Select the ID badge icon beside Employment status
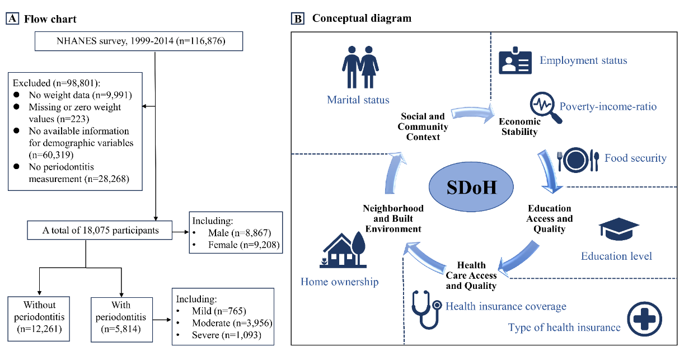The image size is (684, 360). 514,61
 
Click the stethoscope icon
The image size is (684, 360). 426,308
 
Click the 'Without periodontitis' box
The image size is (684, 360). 39,319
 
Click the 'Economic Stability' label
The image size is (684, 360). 519,127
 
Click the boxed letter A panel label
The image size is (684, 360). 12,19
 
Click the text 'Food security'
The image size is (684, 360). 635,158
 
